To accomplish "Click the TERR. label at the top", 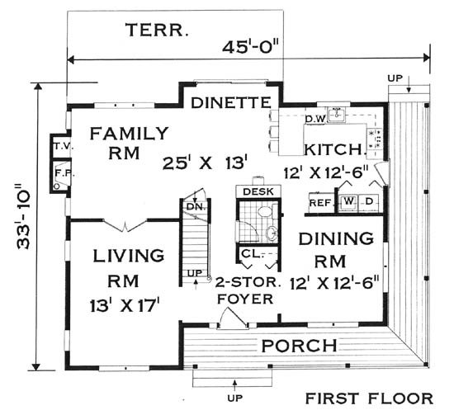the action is tap(157, 30).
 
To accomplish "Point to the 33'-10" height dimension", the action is tap(22, 219).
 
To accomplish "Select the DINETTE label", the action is tap(231, 102).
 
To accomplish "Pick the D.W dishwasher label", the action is tap(316, 118).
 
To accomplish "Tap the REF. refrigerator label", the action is tap(321, 203).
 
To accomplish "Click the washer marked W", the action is tap(348, 200).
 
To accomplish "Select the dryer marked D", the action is tap(369, 200).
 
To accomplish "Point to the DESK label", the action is tap(258, 191).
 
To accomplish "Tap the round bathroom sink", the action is tap(272, 233).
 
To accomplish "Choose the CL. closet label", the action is tap(252, 254).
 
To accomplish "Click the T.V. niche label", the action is tap(63, 146).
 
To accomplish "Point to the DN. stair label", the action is tap(196, 206).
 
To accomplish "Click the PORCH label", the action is tap(299, 345).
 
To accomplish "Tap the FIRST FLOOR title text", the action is tap(369, 398).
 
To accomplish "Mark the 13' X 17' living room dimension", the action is tap(125, 305).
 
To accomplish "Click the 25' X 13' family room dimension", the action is tap(206, 163).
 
